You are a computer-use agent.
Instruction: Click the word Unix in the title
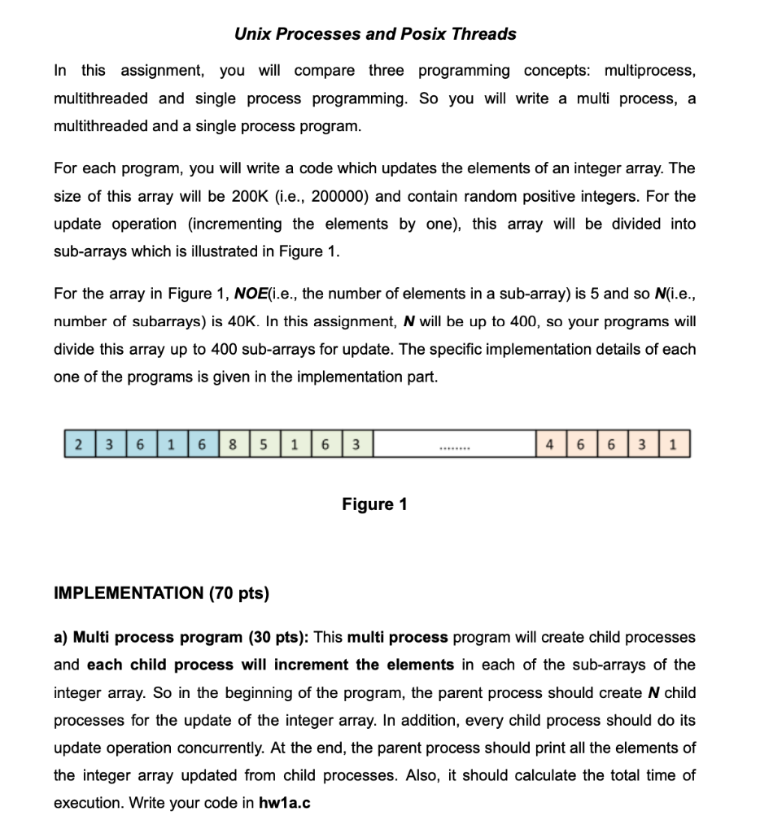pos(252,34)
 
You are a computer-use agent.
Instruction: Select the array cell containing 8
pos(234,446)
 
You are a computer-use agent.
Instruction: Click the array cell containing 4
pos(551,446)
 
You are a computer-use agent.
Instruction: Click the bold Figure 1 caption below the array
pos(374,504)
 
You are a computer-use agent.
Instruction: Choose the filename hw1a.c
pos(284,803)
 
